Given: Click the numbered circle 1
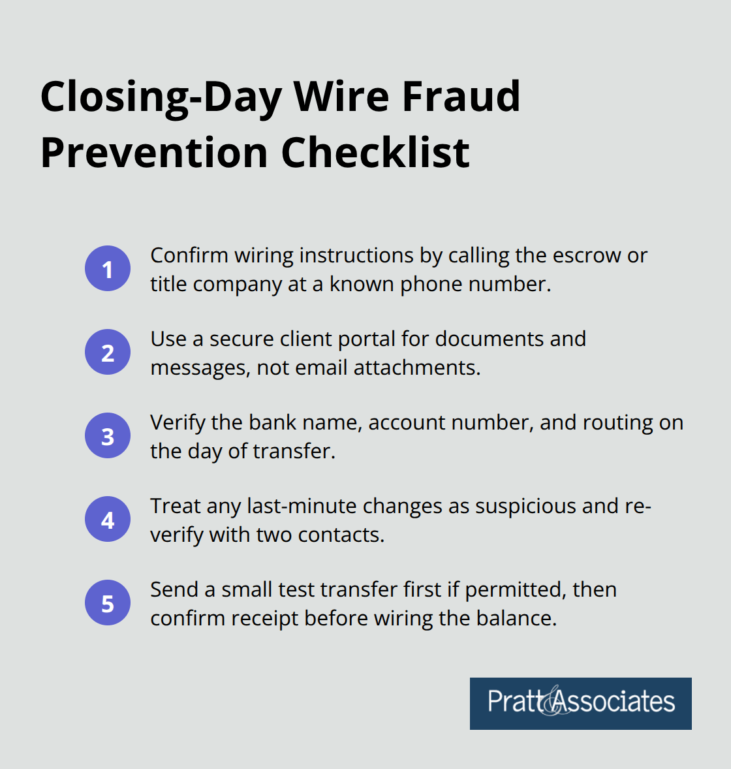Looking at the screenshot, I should (x=108, y=269).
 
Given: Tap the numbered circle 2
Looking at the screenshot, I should (x=108, y=353).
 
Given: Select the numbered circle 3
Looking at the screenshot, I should (x=108, y=436).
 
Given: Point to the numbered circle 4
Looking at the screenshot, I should (x=108, y=520).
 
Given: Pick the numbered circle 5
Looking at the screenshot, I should (x=108, y=603).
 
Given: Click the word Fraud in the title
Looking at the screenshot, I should (x=461, y=97).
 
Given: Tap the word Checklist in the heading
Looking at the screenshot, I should (x=375, y=153).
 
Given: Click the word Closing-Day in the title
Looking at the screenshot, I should (x=161, y=97).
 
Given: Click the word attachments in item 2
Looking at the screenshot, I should (x=416, y=368).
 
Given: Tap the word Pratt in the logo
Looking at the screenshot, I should (x=514, y=702).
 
